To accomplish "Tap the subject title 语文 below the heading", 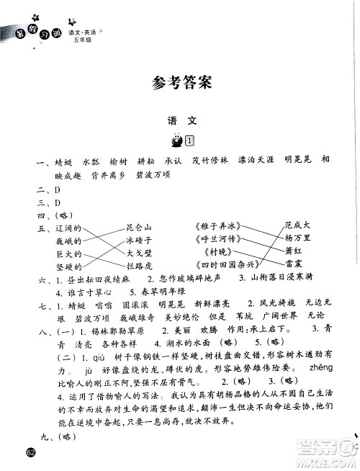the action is point(180,122).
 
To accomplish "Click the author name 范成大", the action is point(297,226).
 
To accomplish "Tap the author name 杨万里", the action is point(297,238).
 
